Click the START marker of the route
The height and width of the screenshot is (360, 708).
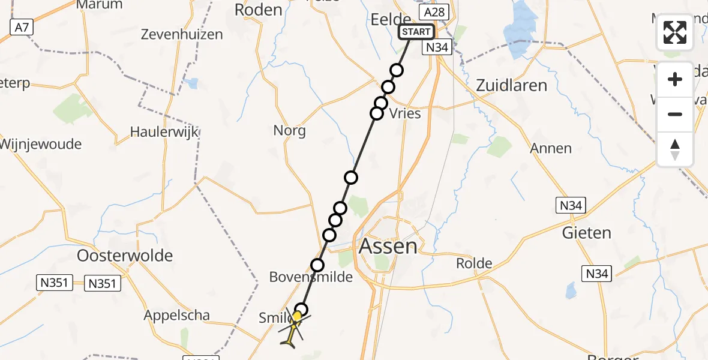click(416, 32)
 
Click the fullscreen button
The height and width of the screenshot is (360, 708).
click(675, 32)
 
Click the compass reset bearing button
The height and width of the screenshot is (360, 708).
click(675, 149)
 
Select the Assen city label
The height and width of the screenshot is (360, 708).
click(388, 246)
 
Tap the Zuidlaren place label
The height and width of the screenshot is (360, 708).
click(511, 85)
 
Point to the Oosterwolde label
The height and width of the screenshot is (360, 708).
click(125, 256)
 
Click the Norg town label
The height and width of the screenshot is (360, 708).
click(289, 130)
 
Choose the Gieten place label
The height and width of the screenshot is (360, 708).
click(586, 232)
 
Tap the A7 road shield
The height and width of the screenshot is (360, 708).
click(21, 26)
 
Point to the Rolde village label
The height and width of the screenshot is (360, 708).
click(474, 263)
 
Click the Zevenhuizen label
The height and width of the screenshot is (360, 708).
click(182, 34)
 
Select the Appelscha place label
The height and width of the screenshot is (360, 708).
click(176, 315)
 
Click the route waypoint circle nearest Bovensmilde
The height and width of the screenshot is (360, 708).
click(317, 265)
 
